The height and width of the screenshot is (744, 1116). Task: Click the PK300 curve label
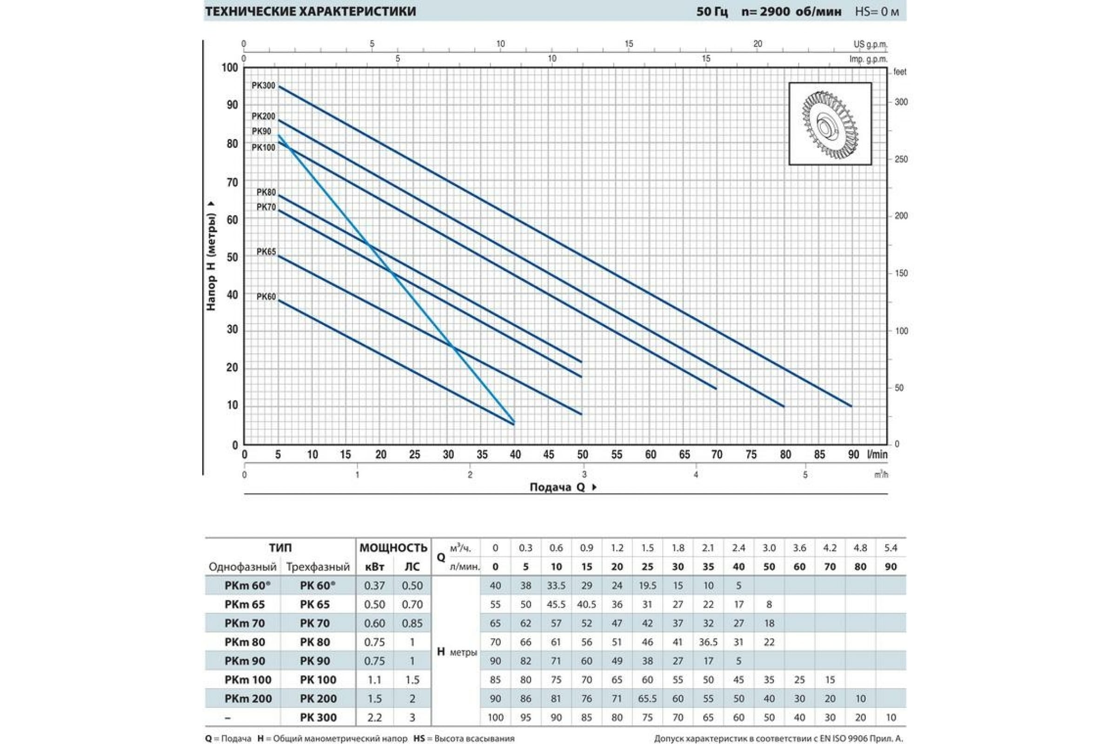(263, 86)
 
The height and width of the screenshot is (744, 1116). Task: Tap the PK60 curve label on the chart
(266, 297)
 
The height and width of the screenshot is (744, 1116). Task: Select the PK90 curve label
(261, 132)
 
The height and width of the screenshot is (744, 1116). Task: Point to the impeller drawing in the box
(830, 124)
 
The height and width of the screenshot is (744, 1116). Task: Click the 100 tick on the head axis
(230, 68)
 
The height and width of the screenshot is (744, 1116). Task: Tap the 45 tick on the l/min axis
(549, 455)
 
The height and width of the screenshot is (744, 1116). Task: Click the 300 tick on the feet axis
(901, 102)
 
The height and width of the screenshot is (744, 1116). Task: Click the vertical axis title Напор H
(211, 256)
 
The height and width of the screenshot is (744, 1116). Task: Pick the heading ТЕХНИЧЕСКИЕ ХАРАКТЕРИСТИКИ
(310, 11)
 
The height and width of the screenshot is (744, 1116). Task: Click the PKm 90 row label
(245, 661)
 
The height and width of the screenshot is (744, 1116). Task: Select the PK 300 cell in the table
(318, 717)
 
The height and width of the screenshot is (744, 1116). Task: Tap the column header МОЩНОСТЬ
(393, 548)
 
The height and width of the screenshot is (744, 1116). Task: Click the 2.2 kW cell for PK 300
(374, 717)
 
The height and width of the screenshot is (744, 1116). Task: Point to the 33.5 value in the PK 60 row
(556, 585)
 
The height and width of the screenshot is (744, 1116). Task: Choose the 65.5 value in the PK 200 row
(647, 698)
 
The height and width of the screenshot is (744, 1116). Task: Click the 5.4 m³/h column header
(890, 548)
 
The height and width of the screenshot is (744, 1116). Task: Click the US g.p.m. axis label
(870, 45)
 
